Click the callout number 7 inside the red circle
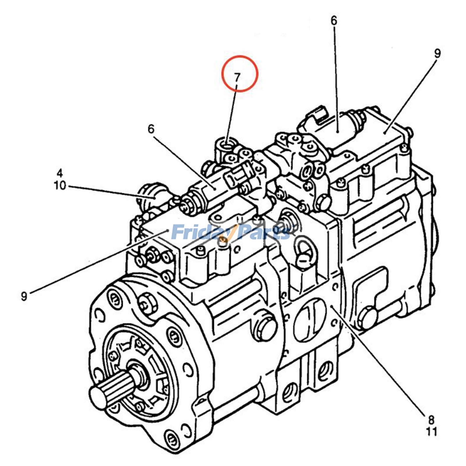(x=237, y=77)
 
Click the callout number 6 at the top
(x=334, y=21)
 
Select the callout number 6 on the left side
(x=151, y=129)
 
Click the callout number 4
(x=59, y=173)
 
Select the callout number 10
(x=60, y=186)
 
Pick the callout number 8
(x=431, y=420)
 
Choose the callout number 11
(x=432, y=432)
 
